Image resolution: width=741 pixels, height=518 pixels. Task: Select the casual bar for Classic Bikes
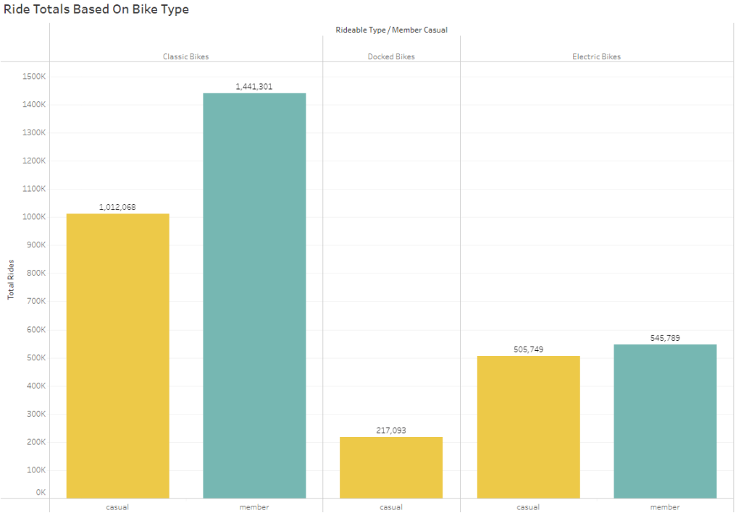pos(117,355)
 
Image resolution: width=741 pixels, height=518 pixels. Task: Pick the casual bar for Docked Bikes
pos(391,467)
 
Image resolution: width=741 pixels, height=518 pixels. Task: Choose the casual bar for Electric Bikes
pos(529,427)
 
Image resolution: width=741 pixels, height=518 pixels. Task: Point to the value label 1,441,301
pos(254,87)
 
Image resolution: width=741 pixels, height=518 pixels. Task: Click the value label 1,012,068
pos(117,207)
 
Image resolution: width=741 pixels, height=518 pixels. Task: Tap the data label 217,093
pos(391,430)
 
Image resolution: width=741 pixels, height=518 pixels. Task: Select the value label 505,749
pos(528,349)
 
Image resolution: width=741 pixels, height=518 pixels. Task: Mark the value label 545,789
pos(665,338)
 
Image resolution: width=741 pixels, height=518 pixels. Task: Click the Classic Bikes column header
pos(186,56)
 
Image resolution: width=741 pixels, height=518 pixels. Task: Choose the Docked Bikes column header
pos(391,56)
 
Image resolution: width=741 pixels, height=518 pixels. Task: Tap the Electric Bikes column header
pos(597,56)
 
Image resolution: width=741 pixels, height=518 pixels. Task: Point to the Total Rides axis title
pos(11,279)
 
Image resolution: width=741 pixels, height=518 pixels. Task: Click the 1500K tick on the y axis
pos(35,76)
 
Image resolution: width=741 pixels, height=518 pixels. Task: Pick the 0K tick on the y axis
pos(41,492)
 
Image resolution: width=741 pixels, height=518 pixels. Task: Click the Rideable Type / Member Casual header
pos(391,30)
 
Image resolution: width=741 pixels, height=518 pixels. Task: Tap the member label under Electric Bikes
pos(665,507)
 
